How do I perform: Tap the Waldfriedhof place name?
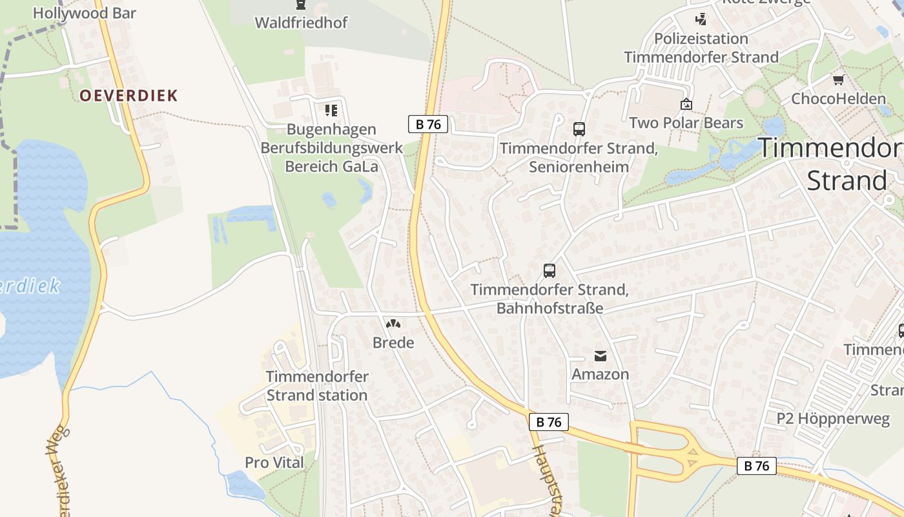[x=301, y=23]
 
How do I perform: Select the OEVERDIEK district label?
[x=128, y=96]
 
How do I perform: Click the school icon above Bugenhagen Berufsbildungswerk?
[x=331, y=111]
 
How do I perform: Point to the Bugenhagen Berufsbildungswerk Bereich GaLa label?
[x=331, y=148]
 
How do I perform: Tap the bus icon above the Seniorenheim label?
[x=579, y=129]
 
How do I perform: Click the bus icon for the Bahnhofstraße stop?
[x=549, y=271]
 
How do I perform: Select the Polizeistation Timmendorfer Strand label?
[x=701, y=48]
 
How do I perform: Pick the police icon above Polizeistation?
[x=701, y=19]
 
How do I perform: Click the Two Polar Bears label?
[x=686, y=123]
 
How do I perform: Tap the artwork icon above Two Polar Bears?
[x=686, y=104]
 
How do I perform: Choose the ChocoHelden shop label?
[x=838, y=99]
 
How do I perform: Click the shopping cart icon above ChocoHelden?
[x=838, y=80]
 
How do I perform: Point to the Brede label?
[x=393, y=343]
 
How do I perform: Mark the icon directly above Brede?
[x=393, y=323]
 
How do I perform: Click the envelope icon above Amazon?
[x=600, y=355]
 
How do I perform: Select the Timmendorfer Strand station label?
[x=317, y=386]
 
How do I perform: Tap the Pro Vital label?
[x=274, y=463]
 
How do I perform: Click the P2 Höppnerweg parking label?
[x=832, y=418]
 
